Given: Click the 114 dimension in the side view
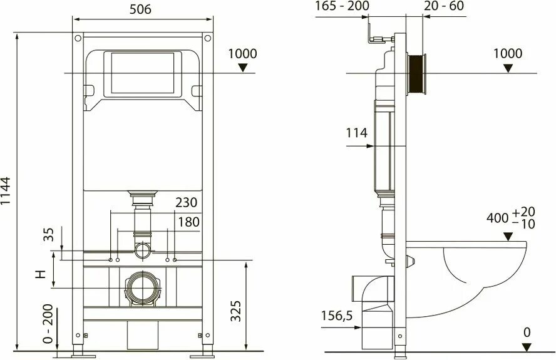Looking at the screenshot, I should click(356, 133).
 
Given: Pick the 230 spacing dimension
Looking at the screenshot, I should click(187, 203).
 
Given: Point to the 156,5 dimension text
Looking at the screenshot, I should click(337, 316).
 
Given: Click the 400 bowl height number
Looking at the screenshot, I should click(498, 219).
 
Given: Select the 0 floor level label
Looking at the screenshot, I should click(526, 332).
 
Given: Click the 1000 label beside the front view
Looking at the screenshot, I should click(242, 54).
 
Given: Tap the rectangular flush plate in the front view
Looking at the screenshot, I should click(143, 75).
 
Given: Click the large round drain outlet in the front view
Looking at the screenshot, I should click(143, 289).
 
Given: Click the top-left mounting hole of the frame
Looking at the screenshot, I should click(77, 39).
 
